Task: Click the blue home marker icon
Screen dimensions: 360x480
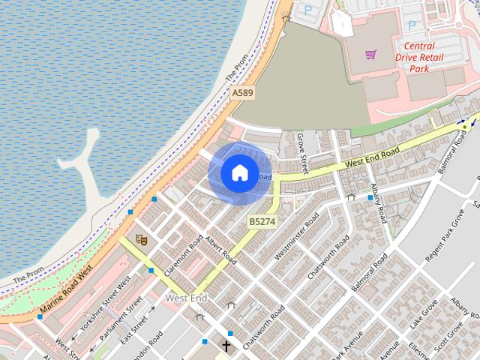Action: click(239, 172)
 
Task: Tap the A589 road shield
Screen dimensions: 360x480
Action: click(242, 92)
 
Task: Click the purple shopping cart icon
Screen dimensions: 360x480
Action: click(370, 54)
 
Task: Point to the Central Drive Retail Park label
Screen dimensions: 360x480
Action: click(418, 57)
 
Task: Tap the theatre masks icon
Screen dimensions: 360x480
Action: click(140, 239)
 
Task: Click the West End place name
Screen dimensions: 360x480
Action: click(186, 298)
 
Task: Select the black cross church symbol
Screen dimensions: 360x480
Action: click(226, 346)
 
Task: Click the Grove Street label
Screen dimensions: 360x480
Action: click(302, 153)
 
